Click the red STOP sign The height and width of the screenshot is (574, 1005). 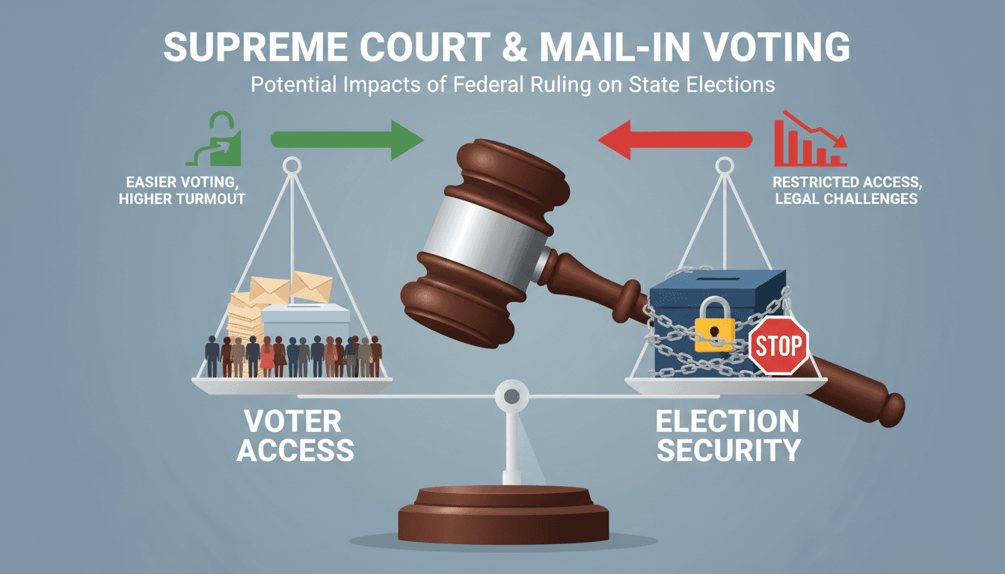pos(779,345)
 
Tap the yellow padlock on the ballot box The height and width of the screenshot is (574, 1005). pos(714,324)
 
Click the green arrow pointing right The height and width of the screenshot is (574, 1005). pos(347,140)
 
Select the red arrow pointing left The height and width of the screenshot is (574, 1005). pos(675,140)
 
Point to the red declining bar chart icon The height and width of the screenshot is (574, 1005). pos(811,138)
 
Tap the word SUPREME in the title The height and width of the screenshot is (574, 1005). pos(255,46)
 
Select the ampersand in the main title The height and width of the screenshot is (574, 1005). pos(514,47)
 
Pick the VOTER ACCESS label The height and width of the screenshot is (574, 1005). pos(295,436)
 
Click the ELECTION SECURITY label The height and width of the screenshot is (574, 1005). pos(728,436)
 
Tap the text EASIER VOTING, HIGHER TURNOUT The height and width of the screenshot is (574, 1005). pos(182,190)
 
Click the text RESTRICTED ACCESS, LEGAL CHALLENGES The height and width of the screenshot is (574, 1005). pos(847,190)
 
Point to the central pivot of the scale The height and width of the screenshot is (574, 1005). pos(511,396)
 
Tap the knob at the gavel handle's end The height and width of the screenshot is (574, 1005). pos(891,409)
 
